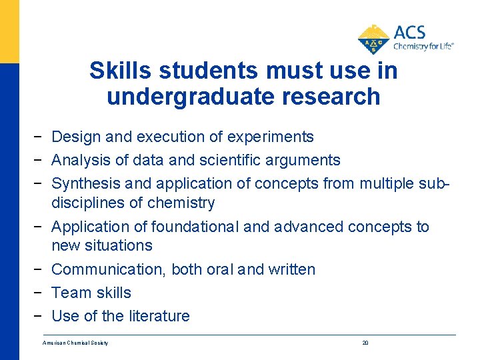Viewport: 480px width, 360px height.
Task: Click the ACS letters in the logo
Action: pos(409,33)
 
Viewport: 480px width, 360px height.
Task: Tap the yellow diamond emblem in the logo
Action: pos(373,39)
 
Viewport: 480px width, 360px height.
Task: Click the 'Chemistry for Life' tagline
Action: pos(423,47)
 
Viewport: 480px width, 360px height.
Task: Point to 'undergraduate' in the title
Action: pos(178,97)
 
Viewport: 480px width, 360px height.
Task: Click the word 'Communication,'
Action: pos(109,269)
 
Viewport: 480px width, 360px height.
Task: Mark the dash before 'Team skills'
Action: pos(41,293)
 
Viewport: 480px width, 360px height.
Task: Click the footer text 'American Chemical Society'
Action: pos(75,343)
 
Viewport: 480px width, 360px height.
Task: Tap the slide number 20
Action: pos(365,343)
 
